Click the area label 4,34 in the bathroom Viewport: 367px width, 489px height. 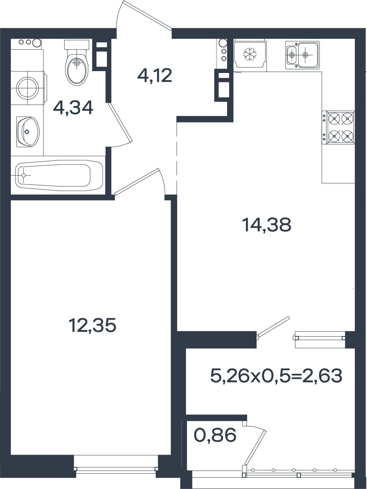(73, 108)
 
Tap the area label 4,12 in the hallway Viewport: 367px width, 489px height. (155, 75)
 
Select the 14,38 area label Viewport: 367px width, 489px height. (267, 225)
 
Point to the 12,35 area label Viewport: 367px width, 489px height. (92, 325)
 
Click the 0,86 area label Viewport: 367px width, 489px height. (215, 435)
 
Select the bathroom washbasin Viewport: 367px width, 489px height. (28, 132)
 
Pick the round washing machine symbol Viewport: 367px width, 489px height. (28, 88)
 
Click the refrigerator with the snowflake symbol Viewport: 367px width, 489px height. (250, 54)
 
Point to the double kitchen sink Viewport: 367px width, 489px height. (302, 54)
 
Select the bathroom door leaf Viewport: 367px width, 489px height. (120, 122)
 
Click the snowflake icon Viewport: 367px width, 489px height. (250, 54)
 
